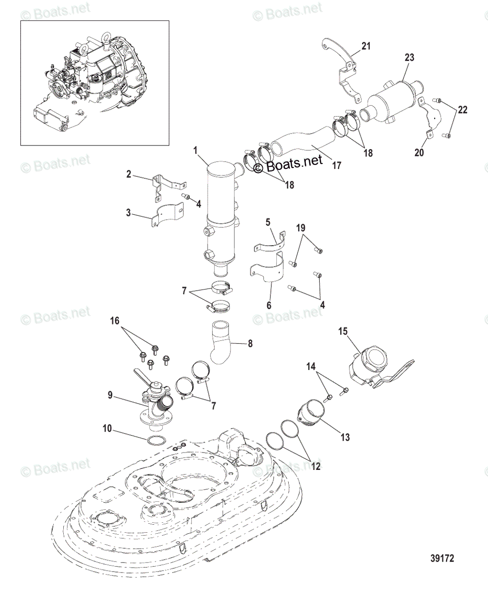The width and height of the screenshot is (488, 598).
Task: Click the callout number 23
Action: tap(409, 57)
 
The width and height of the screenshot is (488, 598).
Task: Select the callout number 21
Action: tap(366, 46)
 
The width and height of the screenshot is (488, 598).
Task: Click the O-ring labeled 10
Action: tap(156, 441)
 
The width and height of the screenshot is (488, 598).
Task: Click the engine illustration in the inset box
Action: tap(95, 82)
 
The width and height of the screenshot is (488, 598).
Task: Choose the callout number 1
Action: tap(196, 150)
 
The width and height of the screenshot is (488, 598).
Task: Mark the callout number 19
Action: tap(300, 228)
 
